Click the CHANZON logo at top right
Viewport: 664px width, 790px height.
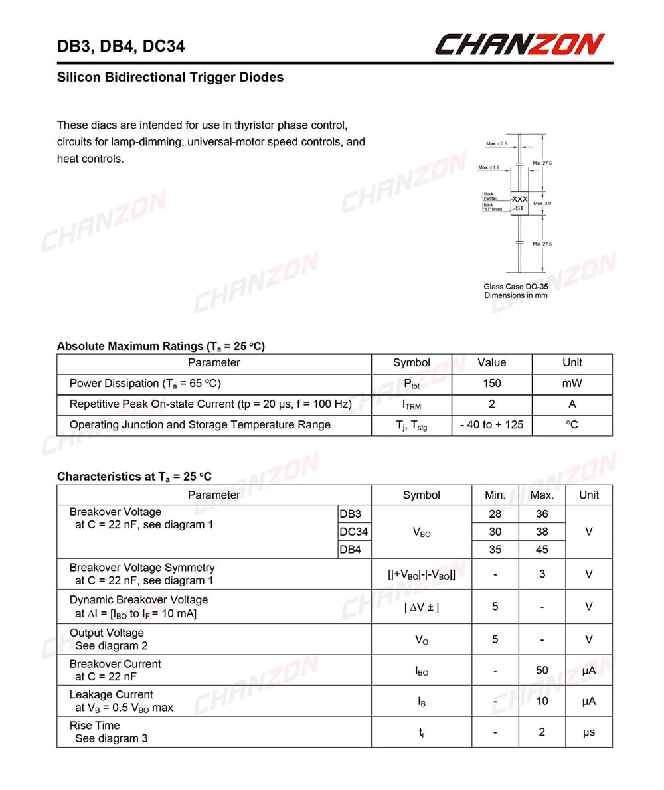519,44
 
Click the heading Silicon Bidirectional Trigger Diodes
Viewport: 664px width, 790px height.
170,78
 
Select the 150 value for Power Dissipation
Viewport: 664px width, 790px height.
492,383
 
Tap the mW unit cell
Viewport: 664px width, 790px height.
572,383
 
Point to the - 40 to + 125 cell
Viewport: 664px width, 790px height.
492,424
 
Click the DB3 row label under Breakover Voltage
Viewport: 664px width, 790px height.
350,514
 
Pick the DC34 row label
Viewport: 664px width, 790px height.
353,532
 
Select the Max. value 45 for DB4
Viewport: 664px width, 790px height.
542,549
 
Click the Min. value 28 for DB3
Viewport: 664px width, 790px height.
495,514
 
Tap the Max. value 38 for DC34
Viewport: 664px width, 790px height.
542,532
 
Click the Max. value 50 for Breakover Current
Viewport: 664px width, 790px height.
542,671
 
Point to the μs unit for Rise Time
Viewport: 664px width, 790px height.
588,732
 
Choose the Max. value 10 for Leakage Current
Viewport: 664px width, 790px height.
542,701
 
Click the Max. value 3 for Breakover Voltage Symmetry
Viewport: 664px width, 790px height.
542,574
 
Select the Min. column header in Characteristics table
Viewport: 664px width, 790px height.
495,495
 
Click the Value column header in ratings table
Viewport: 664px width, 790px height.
491,362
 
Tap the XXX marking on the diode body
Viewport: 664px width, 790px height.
520,199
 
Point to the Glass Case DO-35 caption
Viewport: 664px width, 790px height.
516,287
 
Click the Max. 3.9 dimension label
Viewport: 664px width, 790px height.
542,204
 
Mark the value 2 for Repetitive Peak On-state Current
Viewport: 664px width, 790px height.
492,404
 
